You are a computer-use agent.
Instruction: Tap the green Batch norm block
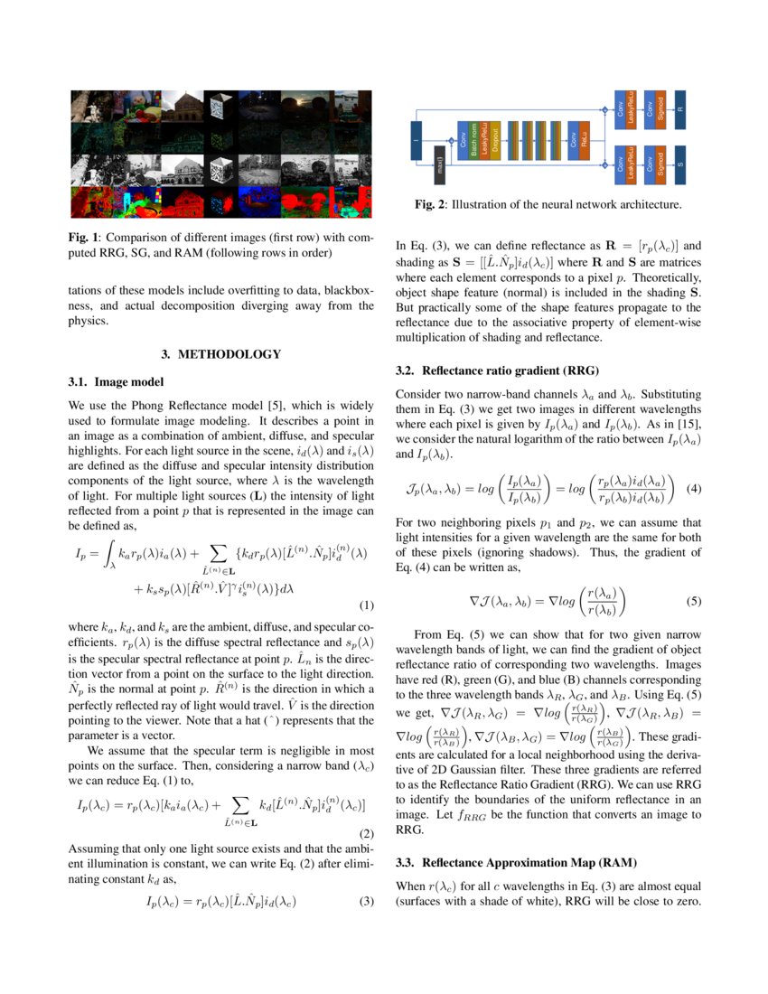tap(474, 140)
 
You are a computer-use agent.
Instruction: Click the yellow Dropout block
tap(495, 140)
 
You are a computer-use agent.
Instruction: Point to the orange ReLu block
tap(585, 140)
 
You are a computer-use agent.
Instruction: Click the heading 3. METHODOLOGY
tap(220, 353)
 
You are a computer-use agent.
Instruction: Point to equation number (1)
tap(367, 605)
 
